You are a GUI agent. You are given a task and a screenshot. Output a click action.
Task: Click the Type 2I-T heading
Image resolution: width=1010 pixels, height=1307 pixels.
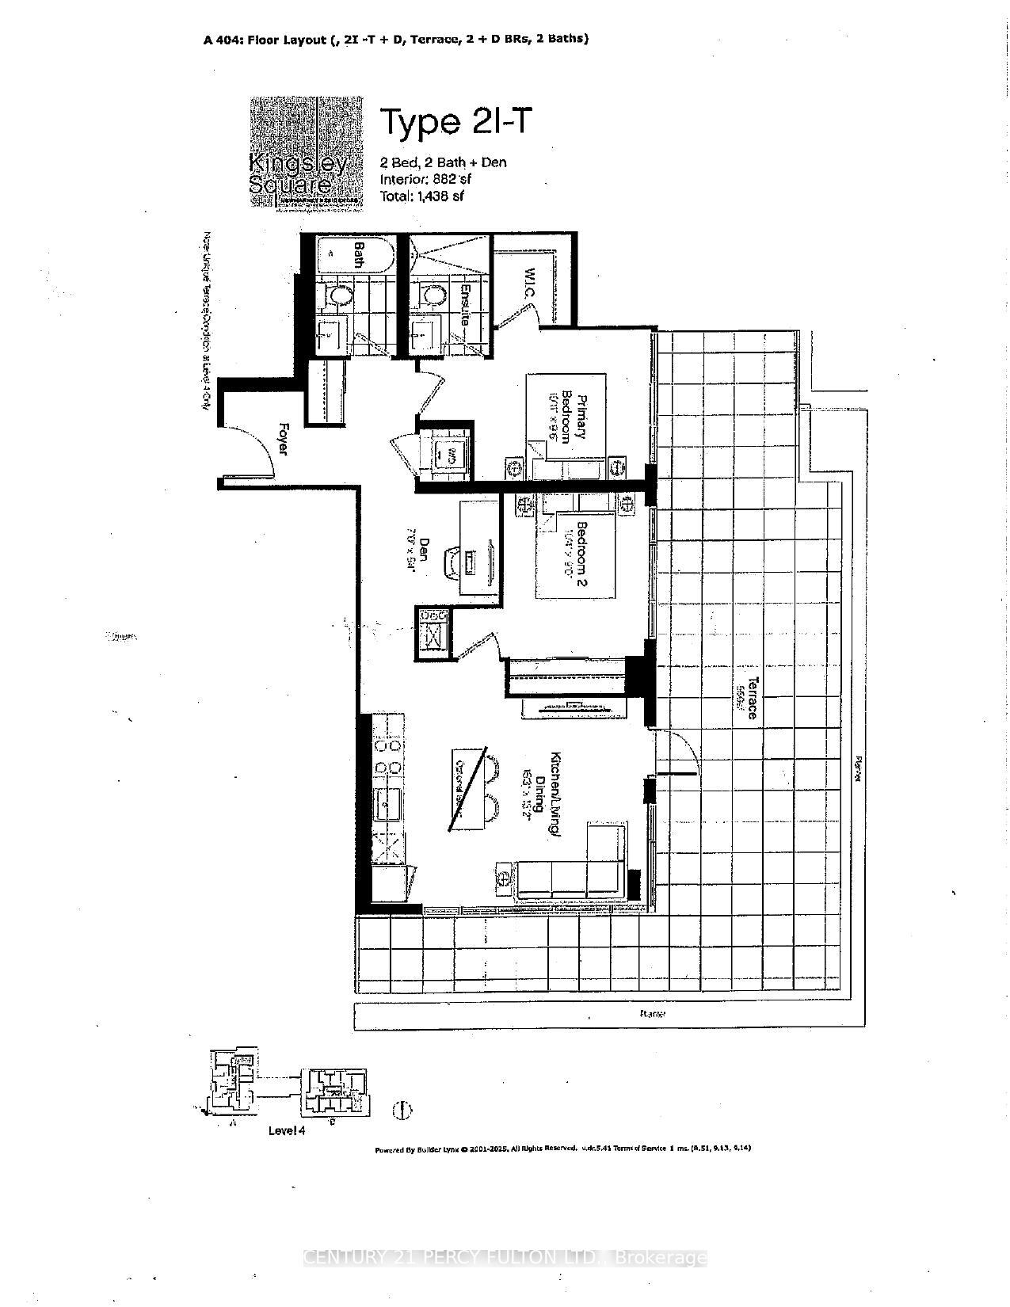click(452, 123)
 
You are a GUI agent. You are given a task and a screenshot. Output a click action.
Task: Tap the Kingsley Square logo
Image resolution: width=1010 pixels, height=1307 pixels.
click(307, 152)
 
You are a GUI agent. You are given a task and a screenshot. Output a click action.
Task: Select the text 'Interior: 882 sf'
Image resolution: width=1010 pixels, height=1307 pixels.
click(425, 179)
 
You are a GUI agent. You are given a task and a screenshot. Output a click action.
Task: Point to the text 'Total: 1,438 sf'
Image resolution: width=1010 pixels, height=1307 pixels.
click(422, 196)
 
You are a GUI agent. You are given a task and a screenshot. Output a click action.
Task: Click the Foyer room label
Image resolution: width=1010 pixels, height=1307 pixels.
click(282, 438)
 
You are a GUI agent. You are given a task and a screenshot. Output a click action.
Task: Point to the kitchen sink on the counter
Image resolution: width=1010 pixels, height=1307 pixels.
click(389, 805)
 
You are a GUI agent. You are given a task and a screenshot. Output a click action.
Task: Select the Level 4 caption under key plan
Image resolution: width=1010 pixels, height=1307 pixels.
click(287, 1130)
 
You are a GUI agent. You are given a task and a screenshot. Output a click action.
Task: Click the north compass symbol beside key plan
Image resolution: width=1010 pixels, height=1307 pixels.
click(402, 1110)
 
